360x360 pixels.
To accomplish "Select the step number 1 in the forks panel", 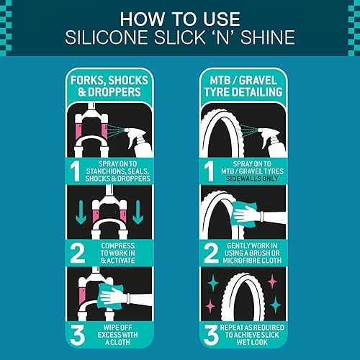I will (x=74, y=171).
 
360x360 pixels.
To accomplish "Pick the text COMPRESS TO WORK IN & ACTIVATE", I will (x=115, y=252).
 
